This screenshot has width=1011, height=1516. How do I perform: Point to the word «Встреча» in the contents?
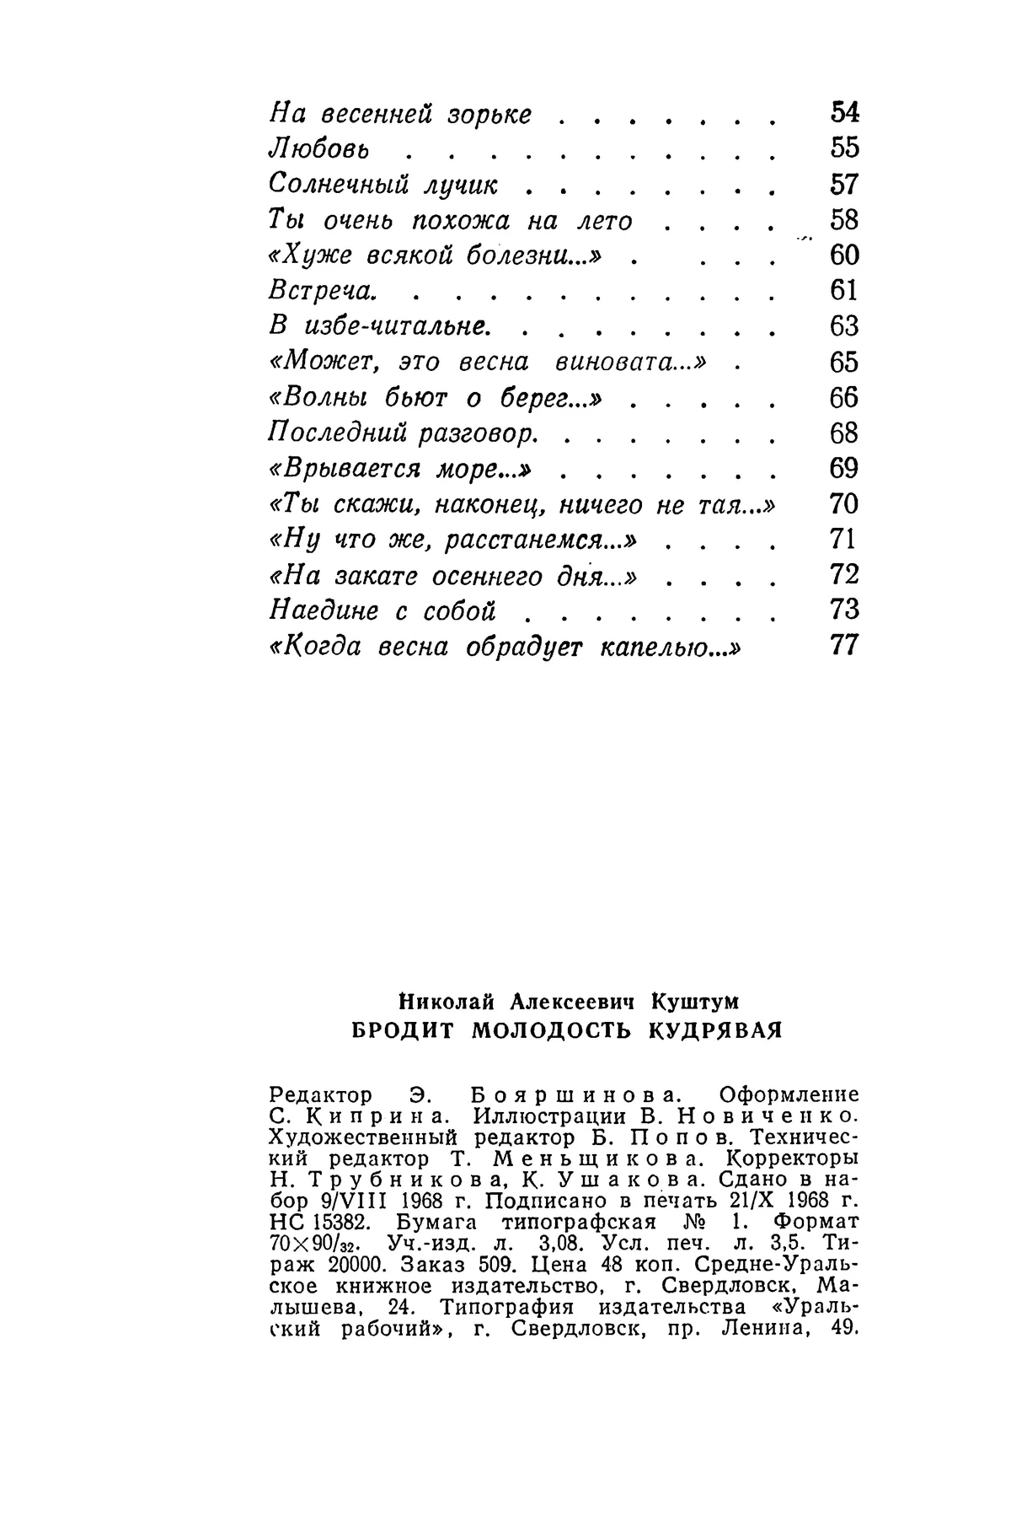(320, 290)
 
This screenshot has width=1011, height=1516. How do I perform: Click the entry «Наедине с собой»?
(382, 610)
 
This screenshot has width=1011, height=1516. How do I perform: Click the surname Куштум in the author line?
(695, 1003)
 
